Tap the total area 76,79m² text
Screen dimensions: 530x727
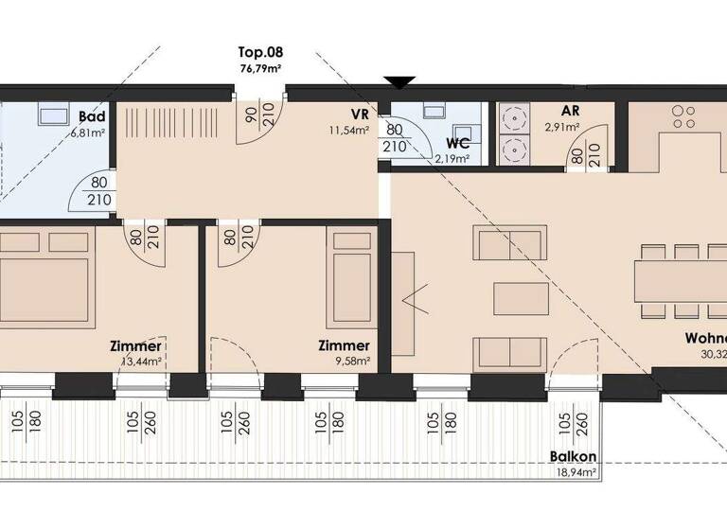[x=260, y=68]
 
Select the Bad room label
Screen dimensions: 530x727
[x=91, y=116]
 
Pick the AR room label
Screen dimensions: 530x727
[x=570, y=110]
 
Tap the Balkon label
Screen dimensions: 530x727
[x=573, y=456]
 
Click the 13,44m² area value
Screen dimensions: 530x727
[x=139, y=361]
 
